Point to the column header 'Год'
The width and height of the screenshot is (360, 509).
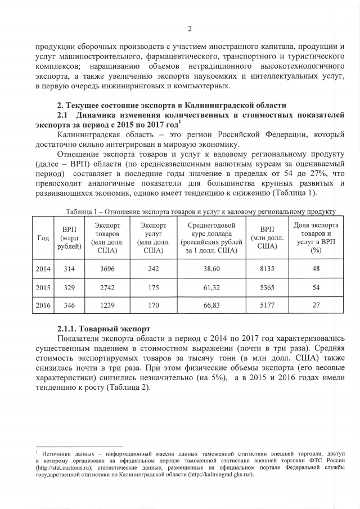(43, 237)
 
